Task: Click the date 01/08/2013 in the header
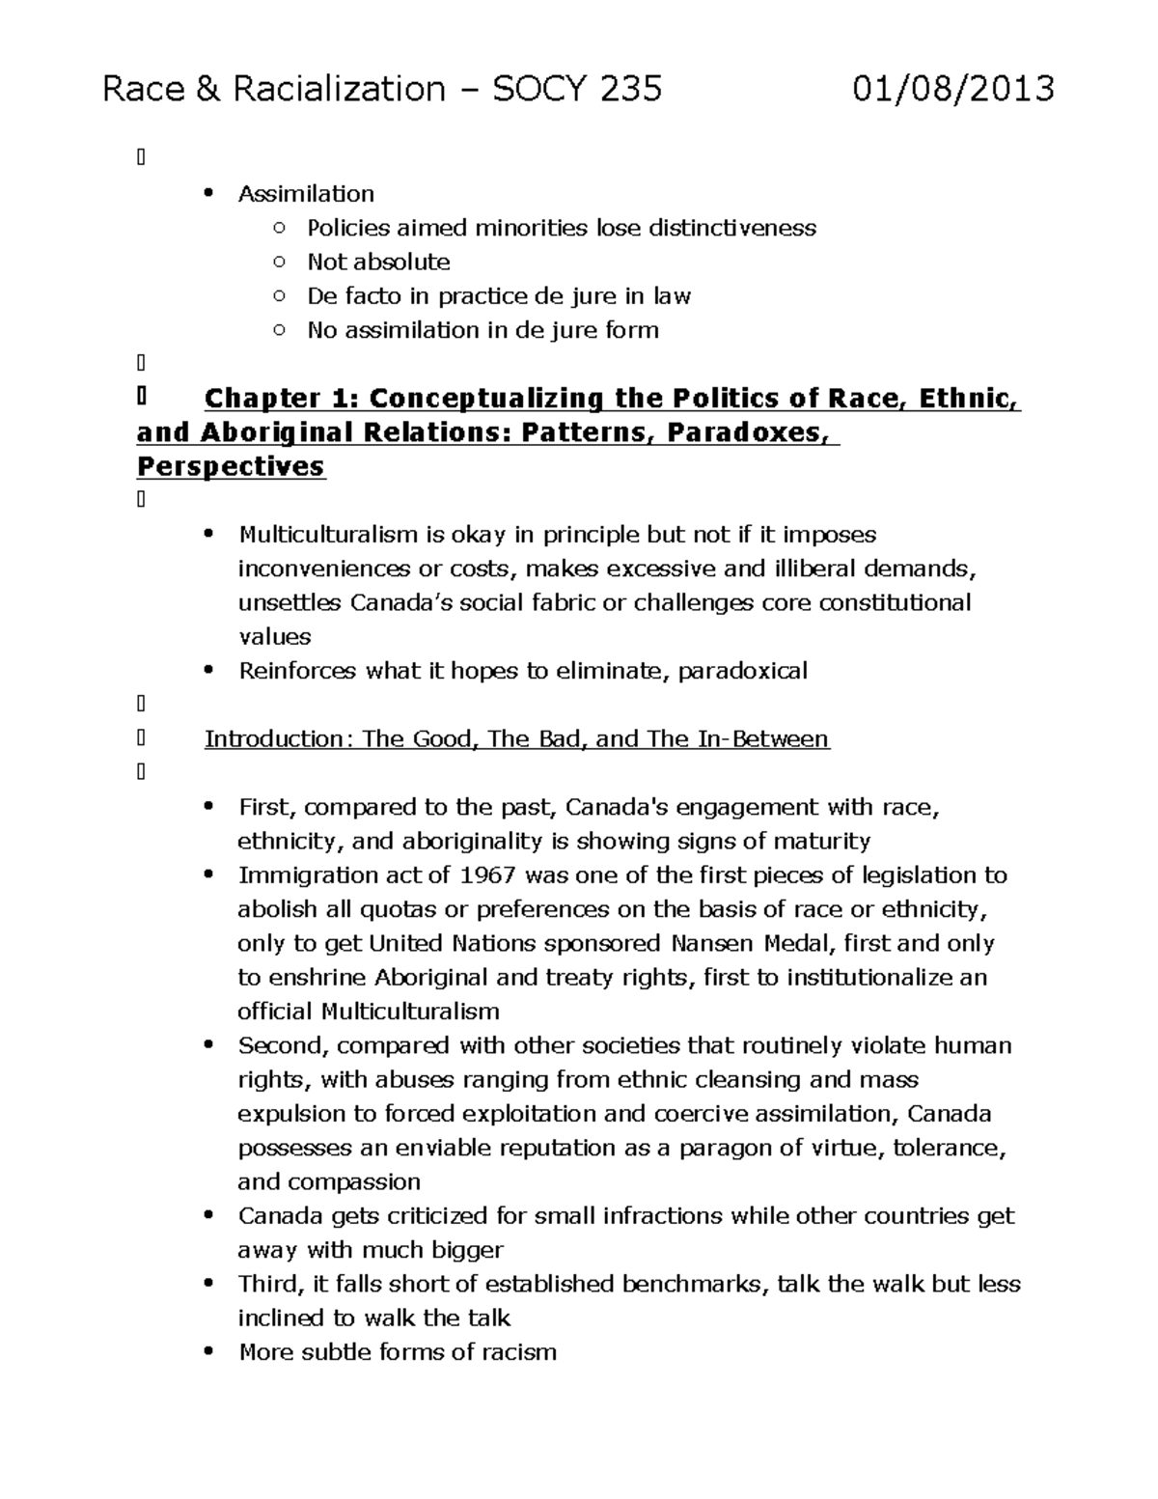tap(953, 89)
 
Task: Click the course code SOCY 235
tap(577, 89)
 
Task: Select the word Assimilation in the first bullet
tap(306, 194)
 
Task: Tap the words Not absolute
tap(378, 263)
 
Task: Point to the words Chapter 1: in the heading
tap(282, 399)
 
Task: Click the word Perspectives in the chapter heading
tap(231, 467)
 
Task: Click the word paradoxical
tap(742, 671)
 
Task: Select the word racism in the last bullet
tap(521, 1352)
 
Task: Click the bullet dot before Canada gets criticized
tap(208, 1216)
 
